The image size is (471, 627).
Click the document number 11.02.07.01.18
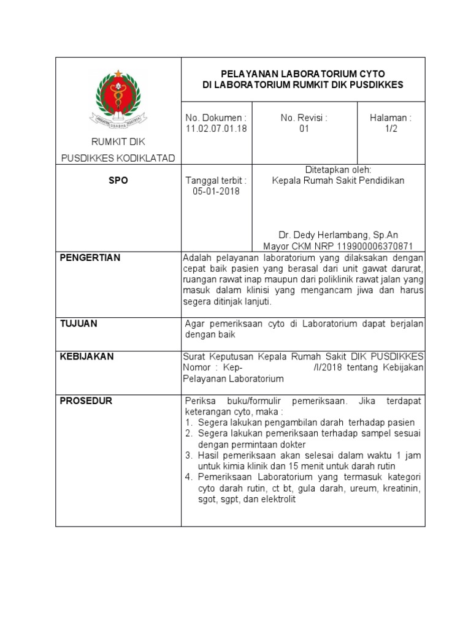tap(216, 129)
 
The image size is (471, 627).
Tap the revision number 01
tap(304, 129)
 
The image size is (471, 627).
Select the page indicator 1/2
tap(391, 129)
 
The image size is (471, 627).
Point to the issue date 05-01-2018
tap(216, 192)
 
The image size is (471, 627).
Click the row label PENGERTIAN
tap(90, 258)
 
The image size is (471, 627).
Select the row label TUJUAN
tap(78, 323)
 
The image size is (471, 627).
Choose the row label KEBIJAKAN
tap(86, 356)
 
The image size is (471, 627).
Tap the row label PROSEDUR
tap(86, 401)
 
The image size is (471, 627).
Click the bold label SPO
tap(118, 181)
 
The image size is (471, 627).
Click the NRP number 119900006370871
tap(377, 246)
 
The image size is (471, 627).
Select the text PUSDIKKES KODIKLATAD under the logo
tap(118, 159)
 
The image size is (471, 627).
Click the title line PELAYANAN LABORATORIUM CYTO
tap(303, 73)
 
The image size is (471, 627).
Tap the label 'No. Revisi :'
tap(304, 118)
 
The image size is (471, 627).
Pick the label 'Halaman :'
tap(391, 118)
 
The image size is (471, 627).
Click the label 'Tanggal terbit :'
tap(216, 181)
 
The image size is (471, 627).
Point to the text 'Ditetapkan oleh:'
tap(339, 170)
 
